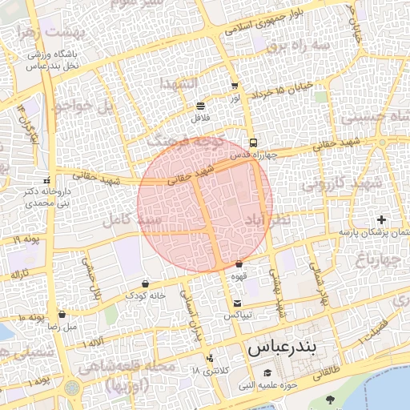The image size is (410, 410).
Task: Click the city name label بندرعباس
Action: [x=282, y=348]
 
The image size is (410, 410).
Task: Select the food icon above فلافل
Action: [x=199, y=106]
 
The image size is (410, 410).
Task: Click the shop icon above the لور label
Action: [x=234, y=86]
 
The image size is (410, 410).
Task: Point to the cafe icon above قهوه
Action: [x=239, y=264]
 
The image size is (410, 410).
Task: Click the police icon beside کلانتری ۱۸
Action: [x=210, y=358]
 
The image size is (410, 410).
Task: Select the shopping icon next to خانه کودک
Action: [x=144, y=283]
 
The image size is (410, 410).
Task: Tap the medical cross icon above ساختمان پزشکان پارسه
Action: [x=381, y=219]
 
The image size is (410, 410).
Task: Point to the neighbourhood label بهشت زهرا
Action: [x=33, y=31]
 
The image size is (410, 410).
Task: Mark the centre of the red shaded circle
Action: [x=205, y=204]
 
